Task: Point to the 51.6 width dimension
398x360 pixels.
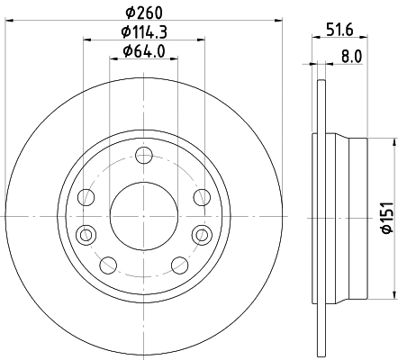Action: (339, 30)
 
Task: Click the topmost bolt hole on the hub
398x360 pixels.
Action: (142, 157)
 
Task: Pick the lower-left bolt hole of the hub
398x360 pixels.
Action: (107, 264)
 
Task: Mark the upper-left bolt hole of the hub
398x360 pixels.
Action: (86, 198)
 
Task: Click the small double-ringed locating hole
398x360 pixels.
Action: (86, 235)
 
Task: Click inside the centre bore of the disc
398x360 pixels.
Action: (142, 216)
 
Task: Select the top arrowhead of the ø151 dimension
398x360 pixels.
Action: (393, 139)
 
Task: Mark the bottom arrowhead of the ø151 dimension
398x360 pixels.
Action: (393, 293)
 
